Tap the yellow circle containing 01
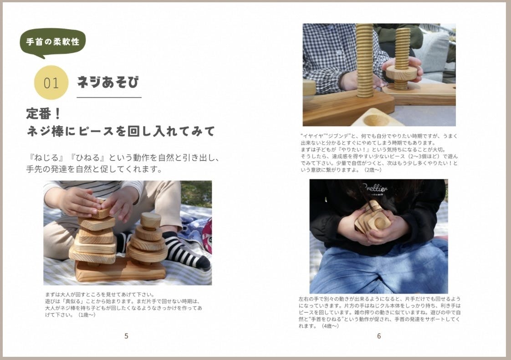(x=51, y=82)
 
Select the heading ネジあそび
(x=108, y=82)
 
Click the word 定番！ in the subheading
(x=44, y=114)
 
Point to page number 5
(x=126, y=336)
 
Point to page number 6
(x=378, y=336)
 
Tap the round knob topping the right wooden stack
(x=151, y=220)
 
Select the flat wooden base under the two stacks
(x=121, y=270)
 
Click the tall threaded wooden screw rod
(x=364, y=61)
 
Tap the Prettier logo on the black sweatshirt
(x=375, y=188)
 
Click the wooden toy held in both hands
(x=372, y=217)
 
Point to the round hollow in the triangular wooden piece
(x=373, y=120)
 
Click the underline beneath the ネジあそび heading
(x=109, y=97)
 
